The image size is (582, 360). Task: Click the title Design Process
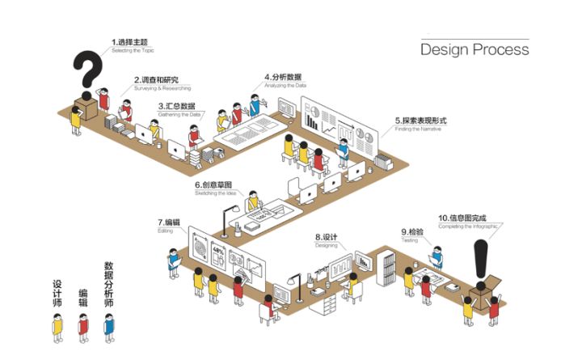pyautogui.click(x=474, y=49)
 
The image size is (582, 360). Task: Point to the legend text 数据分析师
pyautogui.click(x=108, y=284)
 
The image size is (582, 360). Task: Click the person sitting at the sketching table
pyautogui.click(x=253, y=202)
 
